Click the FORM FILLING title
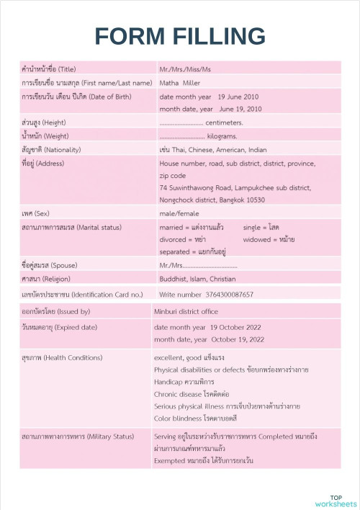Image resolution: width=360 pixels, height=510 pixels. [180, 36]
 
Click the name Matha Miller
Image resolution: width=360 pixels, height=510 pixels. [180, 83]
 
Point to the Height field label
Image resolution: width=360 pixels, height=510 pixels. [44, 122]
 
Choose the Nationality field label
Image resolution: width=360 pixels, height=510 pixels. [51, 149]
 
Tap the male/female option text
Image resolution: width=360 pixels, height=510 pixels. [179, 214]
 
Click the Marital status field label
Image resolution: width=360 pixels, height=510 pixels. [71, 227]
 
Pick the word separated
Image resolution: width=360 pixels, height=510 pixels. [174, 252]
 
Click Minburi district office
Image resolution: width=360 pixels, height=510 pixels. [186, 312]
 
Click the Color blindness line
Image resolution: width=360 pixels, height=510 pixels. [185, 418]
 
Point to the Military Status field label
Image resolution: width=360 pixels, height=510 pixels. [78, 437]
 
